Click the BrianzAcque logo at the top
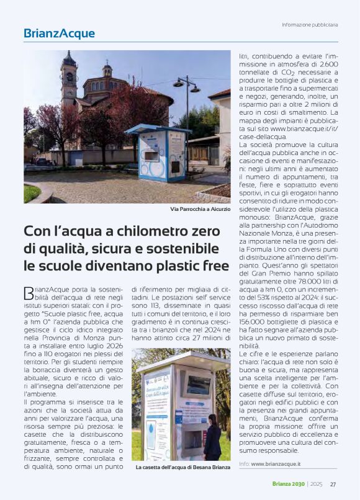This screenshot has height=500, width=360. (60, 33)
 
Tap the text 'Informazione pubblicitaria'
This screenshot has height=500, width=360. (310, 25)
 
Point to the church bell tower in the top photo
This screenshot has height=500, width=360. (69, 81)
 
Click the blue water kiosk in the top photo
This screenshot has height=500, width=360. (158, 153)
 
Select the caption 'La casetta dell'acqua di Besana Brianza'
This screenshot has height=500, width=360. (182, 466)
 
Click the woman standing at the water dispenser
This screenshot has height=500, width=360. (213, 437)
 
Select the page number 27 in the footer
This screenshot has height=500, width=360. (333, 484)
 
